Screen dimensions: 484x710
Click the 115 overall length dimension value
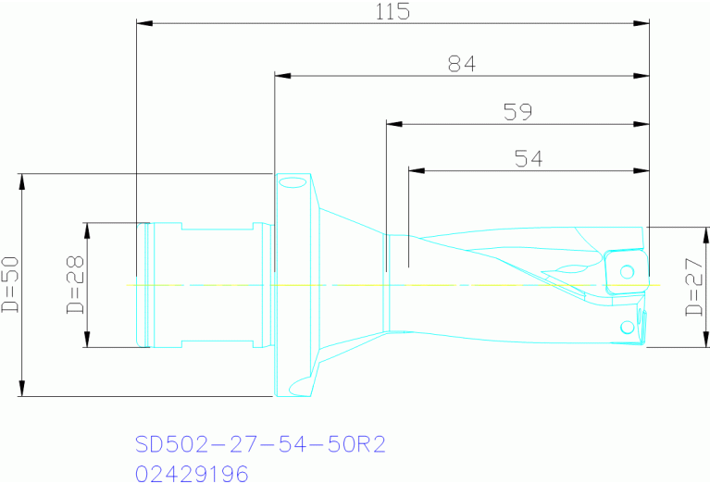393,11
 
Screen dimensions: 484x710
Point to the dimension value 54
528,159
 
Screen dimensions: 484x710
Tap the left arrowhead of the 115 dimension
143,23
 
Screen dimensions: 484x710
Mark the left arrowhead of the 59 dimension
393,123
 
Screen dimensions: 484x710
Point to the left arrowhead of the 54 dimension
416,170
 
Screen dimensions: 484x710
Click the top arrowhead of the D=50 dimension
20,180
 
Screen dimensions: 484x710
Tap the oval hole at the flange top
292,182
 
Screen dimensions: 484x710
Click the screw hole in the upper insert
627,271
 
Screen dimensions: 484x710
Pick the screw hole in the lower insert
627,325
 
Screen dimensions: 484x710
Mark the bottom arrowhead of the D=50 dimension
20,389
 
